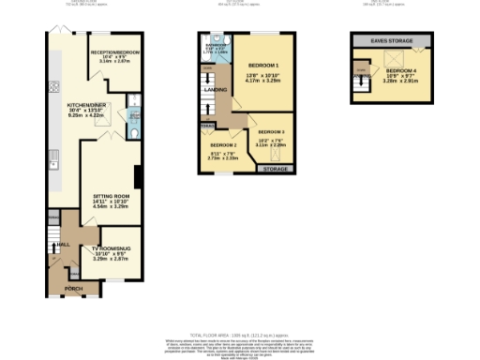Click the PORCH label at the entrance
point(74,288)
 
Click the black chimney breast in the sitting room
point(138,176)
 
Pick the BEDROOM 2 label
point(223,146)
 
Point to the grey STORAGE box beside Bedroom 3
point(275,169)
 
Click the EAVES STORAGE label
point(391,40)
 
